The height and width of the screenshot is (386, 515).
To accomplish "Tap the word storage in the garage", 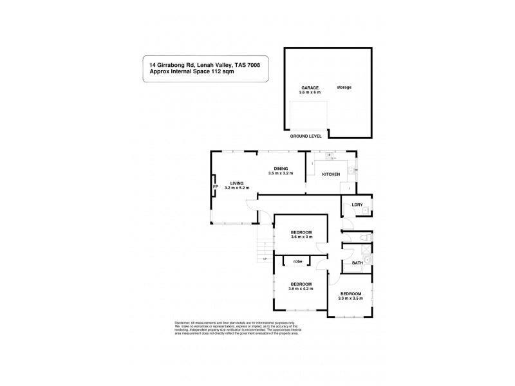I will (x=344, y=87).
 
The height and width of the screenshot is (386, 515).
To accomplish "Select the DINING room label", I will (x=280, y=169).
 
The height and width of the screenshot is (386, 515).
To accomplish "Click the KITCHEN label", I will (x=332, y=174).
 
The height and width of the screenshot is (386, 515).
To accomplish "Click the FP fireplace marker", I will (x=216, y=187).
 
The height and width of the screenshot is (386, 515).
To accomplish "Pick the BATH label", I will (x=357, y=262).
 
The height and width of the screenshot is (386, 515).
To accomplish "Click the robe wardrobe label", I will (x=298, y=261).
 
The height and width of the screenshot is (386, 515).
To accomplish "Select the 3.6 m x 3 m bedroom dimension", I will (x=301, y=237).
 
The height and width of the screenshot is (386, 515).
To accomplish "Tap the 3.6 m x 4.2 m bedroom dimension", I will (x=301, y=289).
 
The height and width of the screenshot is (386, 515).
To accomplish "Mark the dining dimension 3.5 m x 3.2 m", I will (x=281, y=174).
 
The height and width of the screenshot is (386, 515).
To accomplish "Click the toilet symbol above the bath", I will (x=365, y=240).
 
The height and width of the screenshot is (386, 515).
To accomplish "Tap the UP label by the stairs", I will (x=263, y=258).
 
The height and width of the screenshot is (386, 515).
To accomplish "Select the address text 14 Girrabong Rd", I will (x=172, y=64).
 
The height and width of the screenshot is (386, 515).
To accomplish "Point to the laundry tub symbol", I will (x=364, y=210).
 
